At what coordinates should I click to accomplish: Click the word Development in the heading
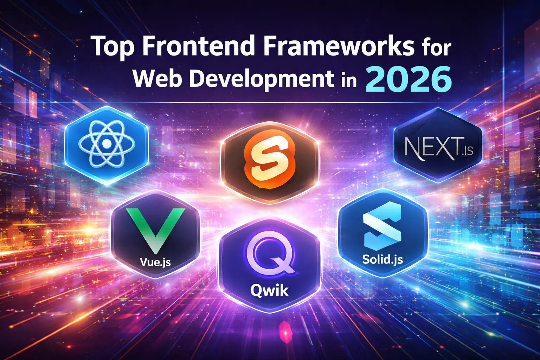pyautogui.click(x=262, y=79)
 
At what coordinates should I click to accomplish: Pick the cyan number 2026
pyautogui.click(x=409, y=79)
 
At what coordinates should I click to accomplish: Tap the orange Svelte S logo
pyautogui.click(x=269, y=162)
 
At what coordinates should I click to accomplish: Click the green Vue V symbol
pyautogui.click(x=155, y=229)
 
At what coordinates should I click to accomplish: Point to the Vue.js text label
pyautogui.click(x=155, y=262)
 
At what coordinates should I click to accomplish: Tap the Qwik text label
pyautogui.click(x=269, y=290)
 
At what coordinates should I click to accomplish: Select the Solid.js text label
pyautogui.click(x=382, y=259)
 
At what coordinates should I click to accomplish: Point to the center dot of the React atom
pyautogui.click(x=106, y=143)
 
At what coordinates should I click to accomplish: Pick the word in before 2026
pyautogui.click(x=348, y=80)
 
